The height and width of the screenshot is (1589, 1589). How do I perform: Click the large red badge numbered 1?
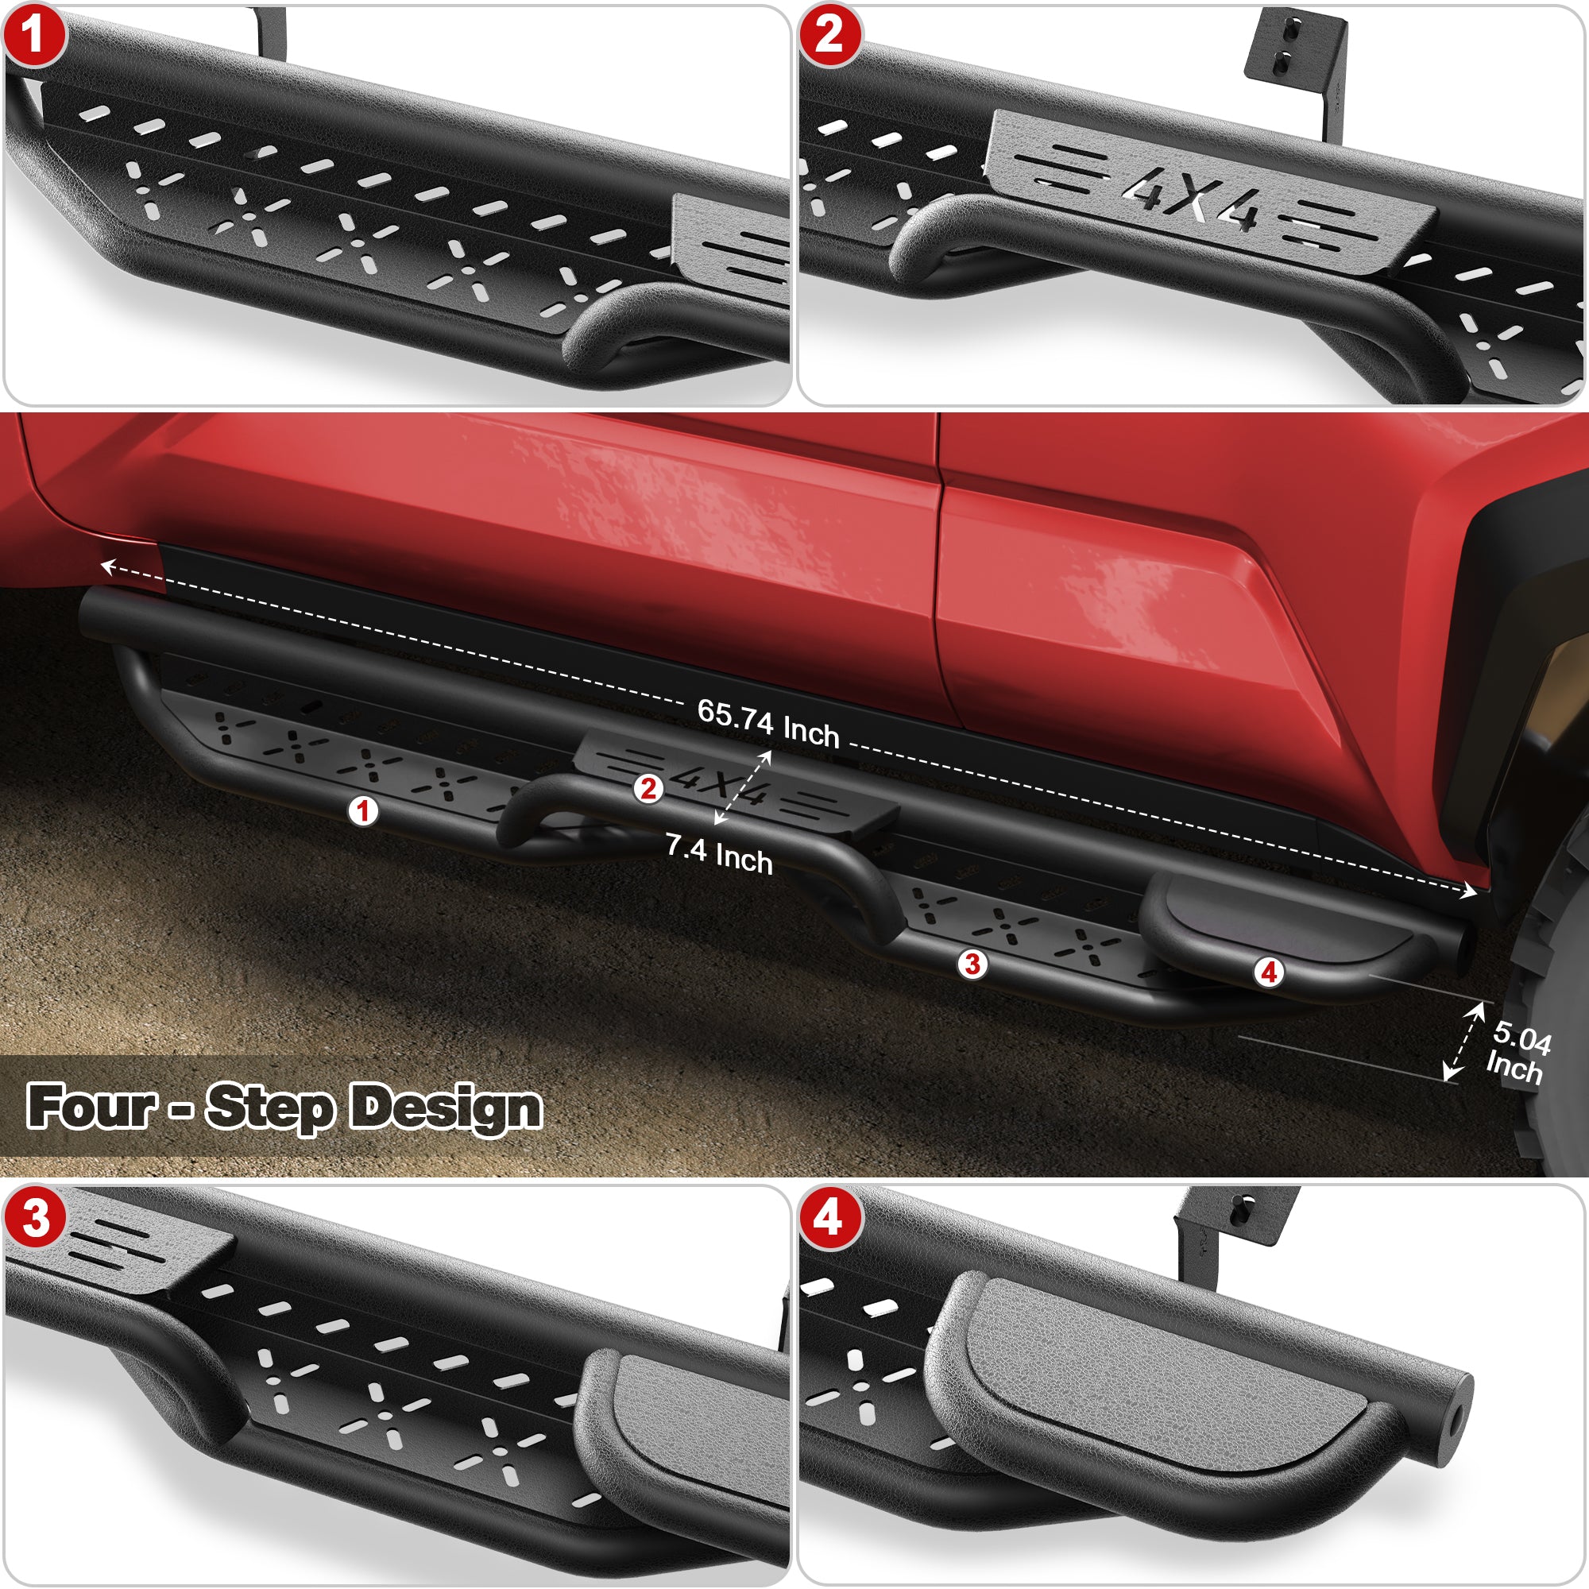tap(33, 34)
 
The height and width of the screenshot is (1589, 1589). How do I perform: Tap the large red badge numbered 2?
tap(829, 34)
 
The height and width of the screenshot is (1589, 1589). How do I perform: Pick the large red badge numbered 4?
tap(829, 1218)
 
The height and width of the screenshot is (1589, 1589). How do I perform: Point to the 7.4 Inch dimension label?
tap(719, 855)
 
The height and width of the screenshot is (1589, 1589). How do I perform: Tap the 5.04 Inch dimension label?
tap(1517, 1054)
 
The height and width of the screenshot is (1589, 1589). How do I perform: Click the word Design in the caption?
tap(447, 1107)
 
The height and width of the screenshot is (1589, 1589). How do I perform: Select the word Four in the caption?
tap(91, 1105)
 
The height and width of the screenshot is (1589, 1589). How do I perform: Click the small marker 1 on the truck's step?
tap(363, 811)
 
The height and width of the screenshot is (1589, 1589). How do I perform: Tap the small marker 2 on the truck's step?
tap(649, 789)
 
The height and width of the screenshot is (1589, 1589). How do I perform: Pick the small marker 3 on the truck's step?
tap(972, 963)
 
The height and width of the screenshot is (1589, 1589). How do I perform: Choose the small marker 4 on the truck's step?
tap(1269, 972)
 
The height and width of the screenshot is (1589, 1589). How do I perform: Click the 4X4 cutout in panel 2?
tap(1190, 200)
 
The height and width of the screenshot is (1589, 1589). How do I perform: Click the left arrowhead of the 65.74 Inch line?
tap(106, 565)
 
